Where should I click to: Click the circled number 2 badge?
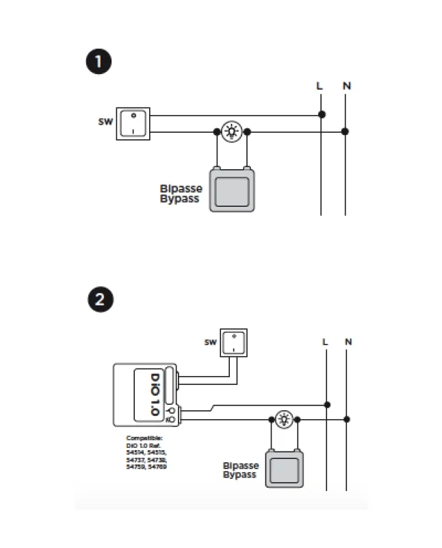(x=99, y=300)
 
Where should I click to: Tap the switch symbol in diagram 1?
(x=133, y=123)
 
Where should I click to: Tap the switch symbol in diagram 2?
(x=235, y=342)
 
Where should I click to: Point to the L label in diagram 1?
(x=319, y=86)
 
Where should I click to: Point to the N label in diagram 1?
(x=347, y=86)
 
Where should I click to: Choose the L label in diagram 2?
(x=325, y=341)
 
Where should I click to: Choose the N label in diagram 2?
(x=348, y=341)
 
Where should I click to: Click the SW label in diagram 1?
(x=103, y=123)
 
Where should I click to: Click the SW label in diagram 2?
(x=210, y=342)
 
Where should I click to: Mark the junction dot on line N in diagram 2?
(x=348, y=419)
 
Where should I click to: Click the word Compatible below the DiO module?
(x=144, y=437)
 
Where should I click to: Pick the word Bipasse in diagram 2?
(x=240, y=466)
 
